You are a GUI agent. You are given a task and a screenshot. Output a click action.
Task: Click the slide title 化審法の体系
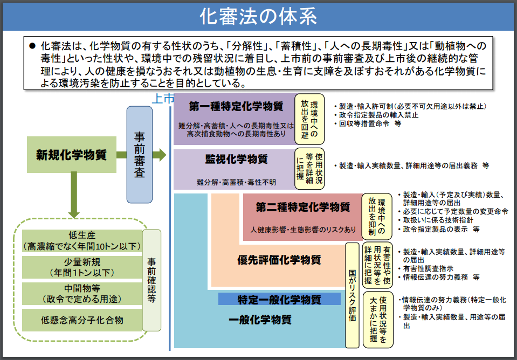(258, 17)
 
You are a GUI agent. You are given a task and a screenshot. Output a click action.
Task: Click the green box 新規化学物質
(72, 155)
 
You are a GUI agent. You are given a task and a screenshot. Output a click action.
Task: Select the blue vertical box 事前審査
(140, 155)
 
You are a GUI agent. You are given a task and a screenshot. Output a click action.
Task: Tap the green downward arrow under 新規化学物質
(74, 195)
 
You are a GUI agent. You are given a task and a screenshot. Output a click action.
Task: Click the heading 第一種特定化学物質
(236, 107)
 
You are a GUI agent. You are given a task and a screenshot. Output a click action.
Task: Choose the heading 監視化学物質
(237, 159)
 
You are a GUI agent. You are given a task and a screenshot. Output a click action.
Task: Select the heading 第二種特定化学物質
(303, 207)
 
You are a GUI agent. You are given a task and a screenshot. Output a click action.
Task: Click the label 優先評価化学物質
(279, 260)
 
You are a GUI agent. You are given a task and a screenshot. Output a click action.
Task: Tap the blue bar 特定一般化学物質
(279, 299)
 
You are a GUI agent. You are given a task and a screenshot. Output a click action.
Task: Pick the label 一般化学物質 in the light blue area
(260, 320)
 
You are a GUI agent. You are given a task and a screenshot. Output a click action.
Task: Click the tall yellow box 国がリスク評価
(352, 295)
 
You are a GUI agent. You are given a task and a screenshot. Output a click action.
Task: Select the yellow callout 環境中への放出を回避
(309, 119)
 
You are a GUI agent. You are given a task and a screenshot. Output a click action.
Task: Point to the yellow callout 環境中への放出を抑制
(377, 217)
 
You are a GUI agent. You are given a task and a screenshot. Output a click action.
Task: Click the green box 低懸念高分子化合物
(82, 320)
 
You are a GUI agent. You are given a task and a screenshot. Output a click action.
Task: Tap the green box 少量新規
(82, 267)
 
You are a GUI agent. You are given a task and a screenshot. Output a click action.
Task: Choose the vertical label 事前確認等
(151, 281)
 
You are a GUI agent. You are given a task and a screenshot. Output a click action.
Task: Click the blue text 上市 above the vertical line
(162, 99)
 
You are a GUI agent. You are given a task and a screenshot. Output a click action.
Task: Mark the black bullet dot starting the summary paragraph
(32, 45)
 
